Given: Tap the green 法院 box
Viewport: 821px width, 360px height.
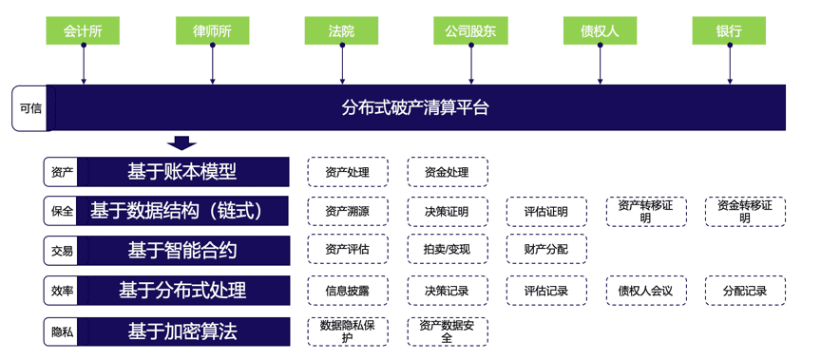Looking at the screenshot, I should point(341,30).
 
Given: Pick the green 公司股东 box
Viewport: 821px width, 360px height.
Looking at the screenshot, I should point(470,30).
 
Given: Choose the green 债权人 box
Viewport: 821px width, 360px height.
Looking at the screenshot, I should point(600,30).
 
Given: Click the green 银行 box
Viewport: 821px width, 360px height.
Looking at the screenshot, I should point(729,30).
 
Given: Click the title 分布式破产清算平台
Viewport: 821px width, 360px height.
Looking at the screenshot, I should point(415,107).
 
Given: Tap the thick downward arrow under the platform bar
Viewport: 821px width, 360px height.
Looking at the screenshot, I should point(181,143).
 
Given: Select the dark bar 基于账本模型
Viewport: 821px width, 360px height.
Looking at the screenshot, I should point(181,172).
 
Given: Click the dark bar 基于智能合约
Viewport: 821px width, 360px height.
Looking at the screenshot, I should point(181,251).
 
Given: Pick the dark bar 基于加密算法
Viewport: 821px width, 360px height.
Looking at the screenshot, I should point(181,332).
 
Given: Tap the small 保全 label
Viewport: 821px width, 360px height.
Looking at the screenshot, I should point(62,211).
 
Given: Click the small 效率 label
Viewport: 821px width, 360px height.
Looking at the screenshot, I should point(62,291).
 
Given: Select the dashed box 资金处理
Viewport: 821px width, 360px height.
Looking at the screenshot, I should point(447,172).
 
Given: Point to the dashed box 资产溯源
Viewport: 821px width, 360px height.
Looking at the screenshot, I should point(347,211).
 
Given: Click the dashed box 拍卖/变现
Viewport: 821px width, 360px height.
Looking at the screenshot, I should point(447,251).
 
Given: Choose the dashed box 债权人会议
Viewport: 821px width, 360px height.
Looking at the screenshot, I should point(645,291).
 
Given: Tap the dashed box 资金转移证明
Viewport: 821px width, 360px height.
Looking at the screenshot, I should point(745,211).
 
